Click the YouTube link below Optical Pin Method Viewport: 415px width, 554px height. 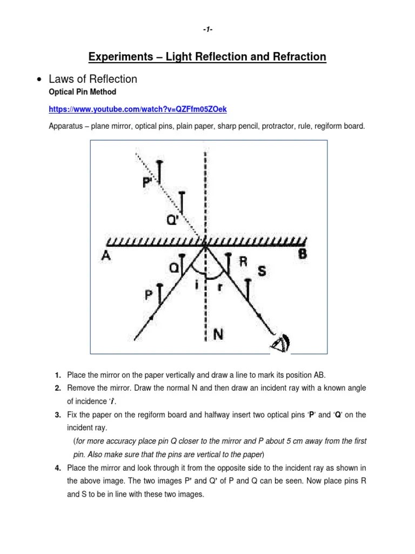coord(138,109)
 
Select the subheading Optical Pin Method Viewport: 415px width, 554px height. coord(82,92)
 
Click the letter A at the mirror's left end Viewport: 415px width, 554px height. coord(106,256)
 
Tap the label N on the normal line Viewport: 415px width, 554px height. coord(218,334)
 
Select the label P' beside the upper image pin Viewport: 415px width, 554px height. coord(148,182)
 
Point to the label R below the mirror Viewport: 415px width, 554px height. coord(243,261)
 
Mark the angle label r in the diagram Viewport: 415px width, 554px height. coord(219,287)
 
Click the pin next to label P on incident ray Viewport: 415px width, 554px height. coord(159,294)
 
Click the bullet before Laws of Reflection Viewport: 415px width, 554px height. coord(38,80)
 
